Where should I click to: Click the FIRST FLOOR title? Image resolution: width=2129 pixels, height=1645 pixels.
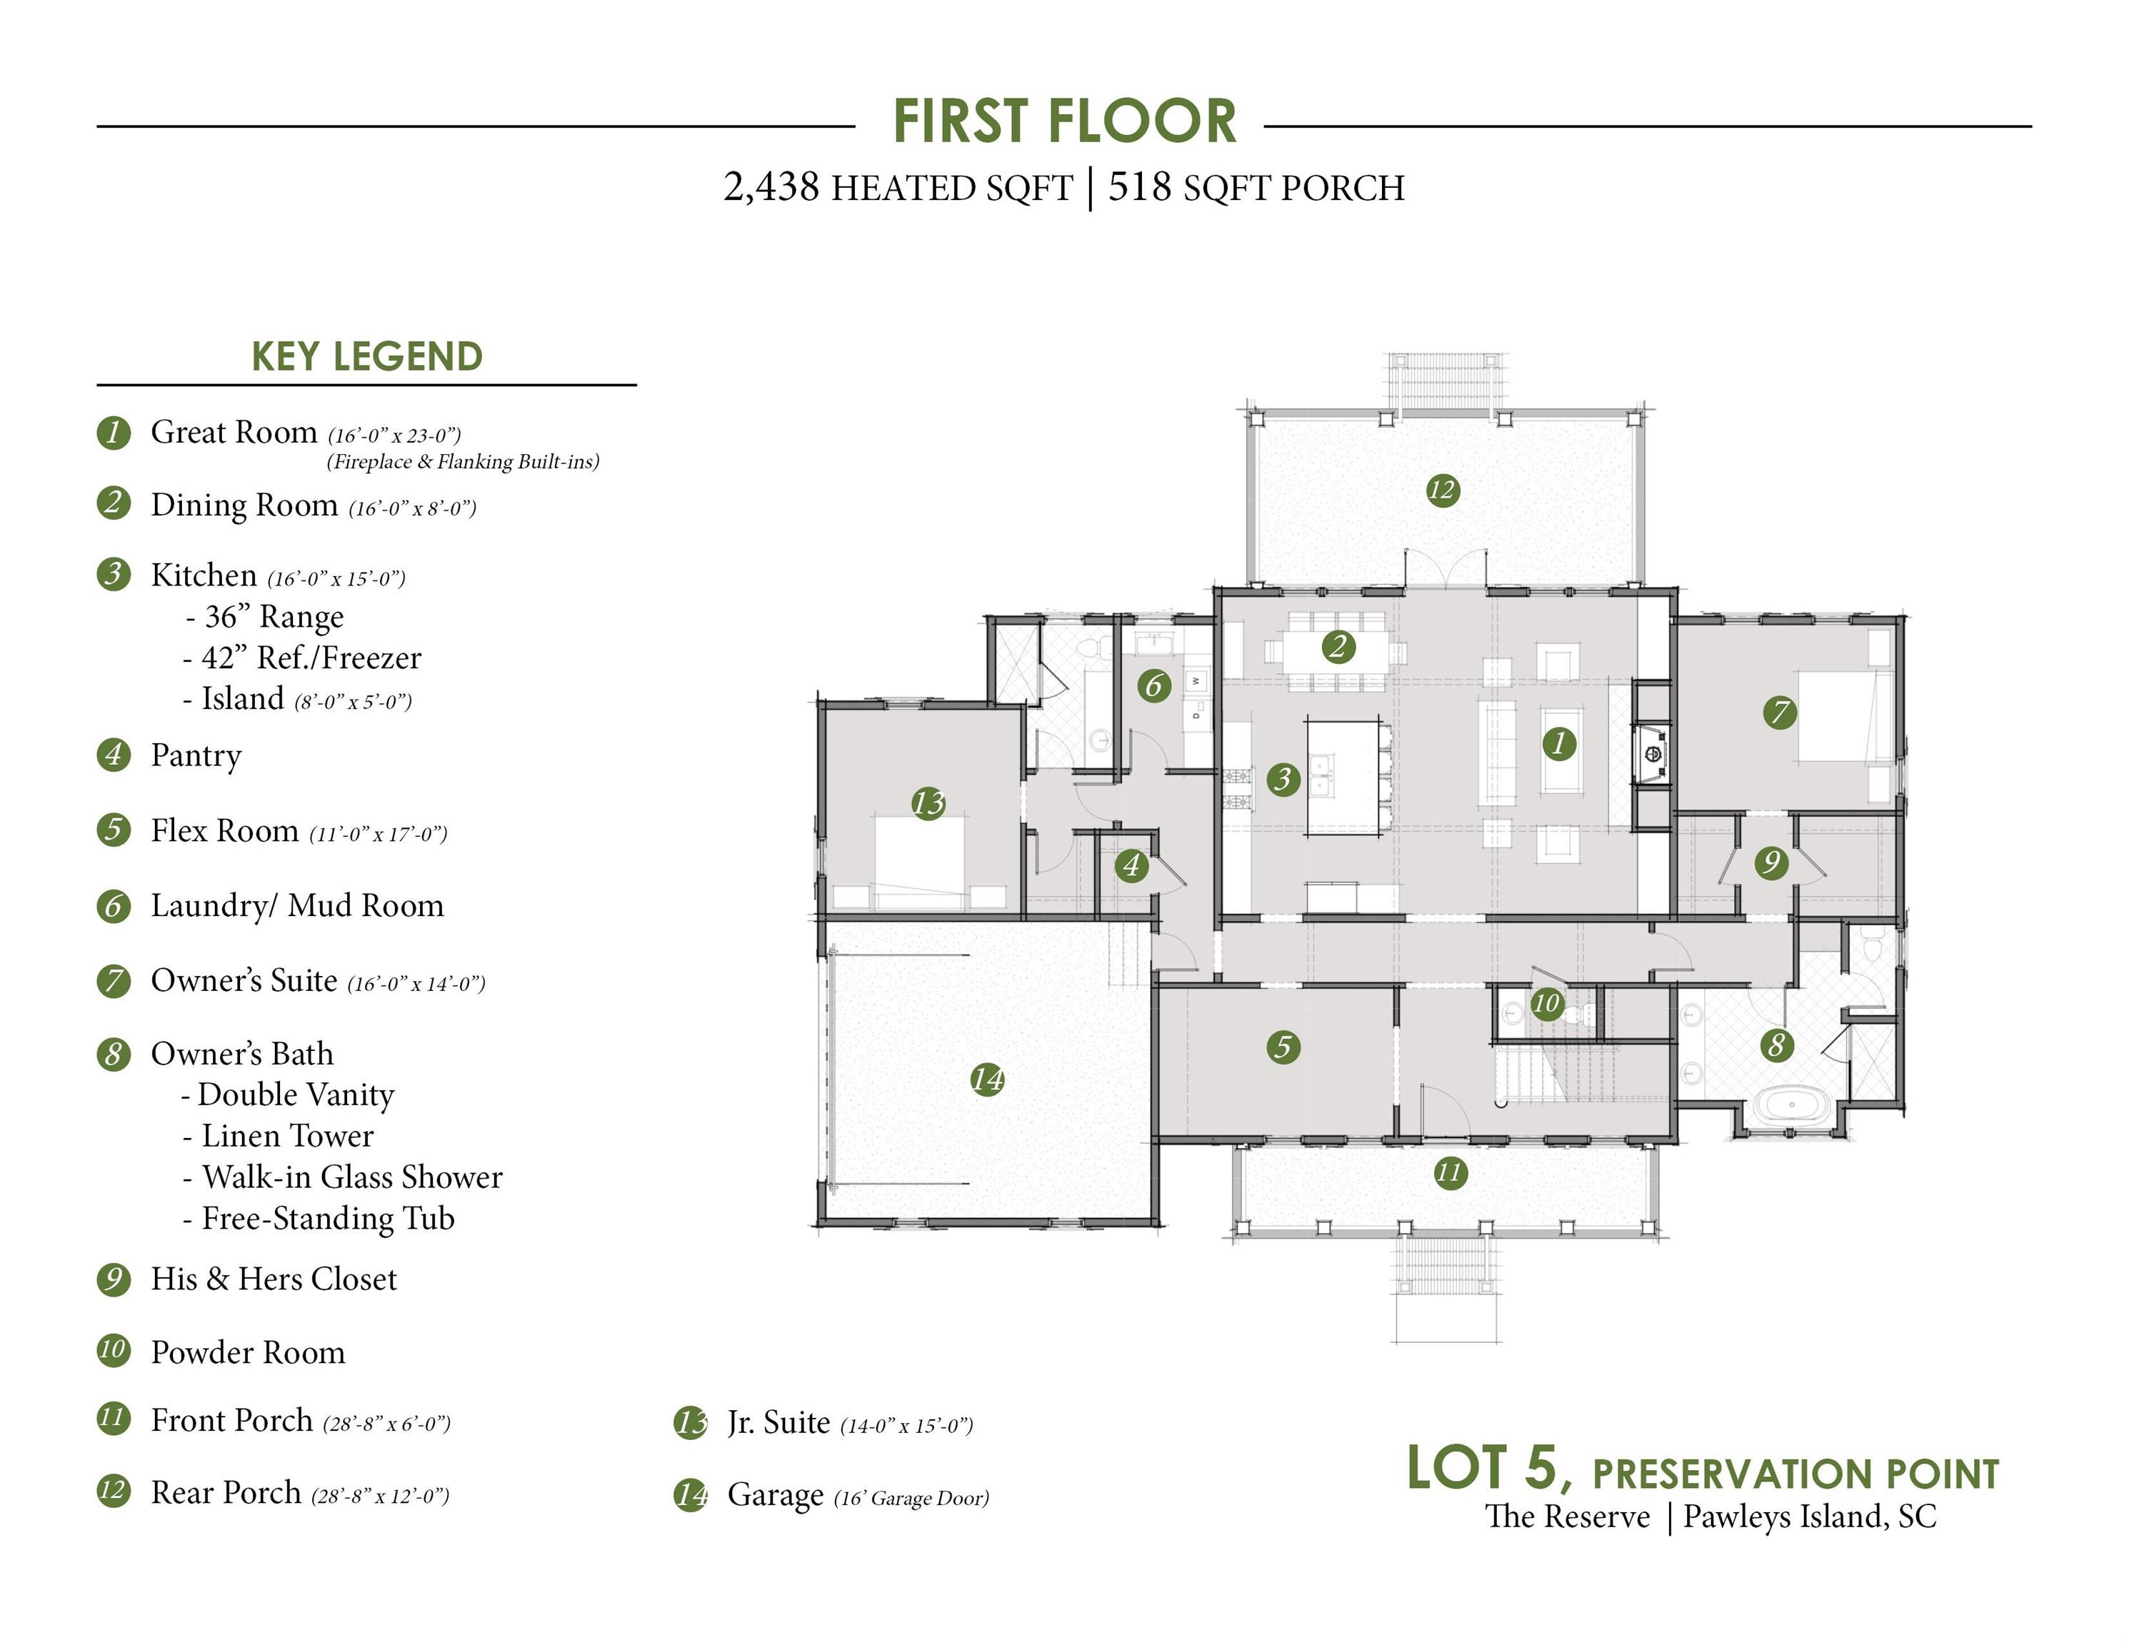(1064, 122)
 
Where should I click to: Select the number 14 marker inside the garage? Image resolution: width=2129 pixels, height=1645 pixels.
(988, 1079)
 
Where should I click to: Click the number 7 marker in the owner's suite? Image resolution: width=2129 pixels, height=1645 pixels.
(1780, 713)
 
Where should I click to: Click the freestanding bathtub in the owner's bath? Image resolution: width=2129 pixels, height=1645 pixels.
(1793, 1106)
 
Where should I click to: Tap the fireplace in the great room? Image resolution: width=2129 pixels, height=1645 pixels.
(1651, 753)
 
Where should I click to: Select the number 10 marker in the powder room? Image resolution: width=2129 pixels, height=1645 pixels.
(1547, 1003)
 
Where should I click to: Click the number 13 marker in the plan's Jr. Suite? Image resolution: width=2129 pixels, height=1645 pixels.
(928, 803)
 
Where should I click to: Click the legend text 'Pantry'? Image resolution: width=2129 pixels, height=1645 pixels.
(196, 756)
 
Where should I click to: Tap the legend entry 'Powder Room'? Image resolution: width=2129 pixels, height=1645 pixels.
(249, 1353)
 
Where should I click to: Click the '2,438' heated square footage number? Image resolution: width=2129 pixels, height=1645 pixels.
(771, 187)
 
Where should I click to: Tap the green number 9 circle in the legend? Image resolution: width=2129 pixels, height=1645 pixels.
(113, 1279)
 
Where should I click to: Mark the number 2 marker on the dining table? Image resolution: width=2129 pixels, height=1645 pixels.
(1338, 645)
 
